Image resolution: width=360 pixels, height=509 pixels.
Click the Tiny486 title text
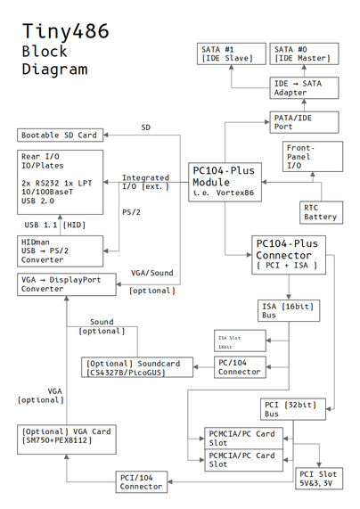pyautogui.click(x=66, y=32)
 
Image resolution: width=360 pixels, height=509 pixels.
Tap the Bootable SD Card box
pyautogui.click(x=60, y=135)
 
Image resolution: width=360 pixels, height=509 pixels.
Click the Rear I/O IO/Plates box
pyautogui.click(x=60, y=181)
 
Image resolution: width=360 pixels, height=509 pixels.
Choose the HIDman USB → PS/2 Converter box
pyautogui.click(x=60, y=250)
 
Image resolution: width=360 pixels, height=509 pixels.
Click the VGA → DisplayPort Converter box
pyautogui.click(x=60, y=283)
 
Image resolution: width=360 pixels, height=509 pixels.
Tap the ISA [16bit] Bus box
pyautogui.click(x=288, y=312)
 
